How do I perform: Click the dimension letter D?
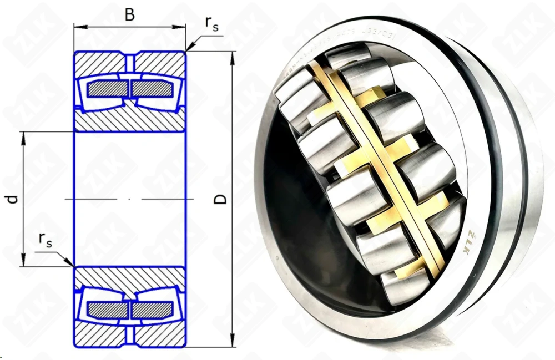point(220,199)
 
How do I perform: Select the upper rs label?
point(211,23)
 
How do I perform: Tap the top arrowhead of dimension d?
point(24,135)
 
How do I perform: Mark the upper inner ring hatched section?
point(130,120)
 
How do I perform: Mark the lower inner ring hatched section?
point(130,277)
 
